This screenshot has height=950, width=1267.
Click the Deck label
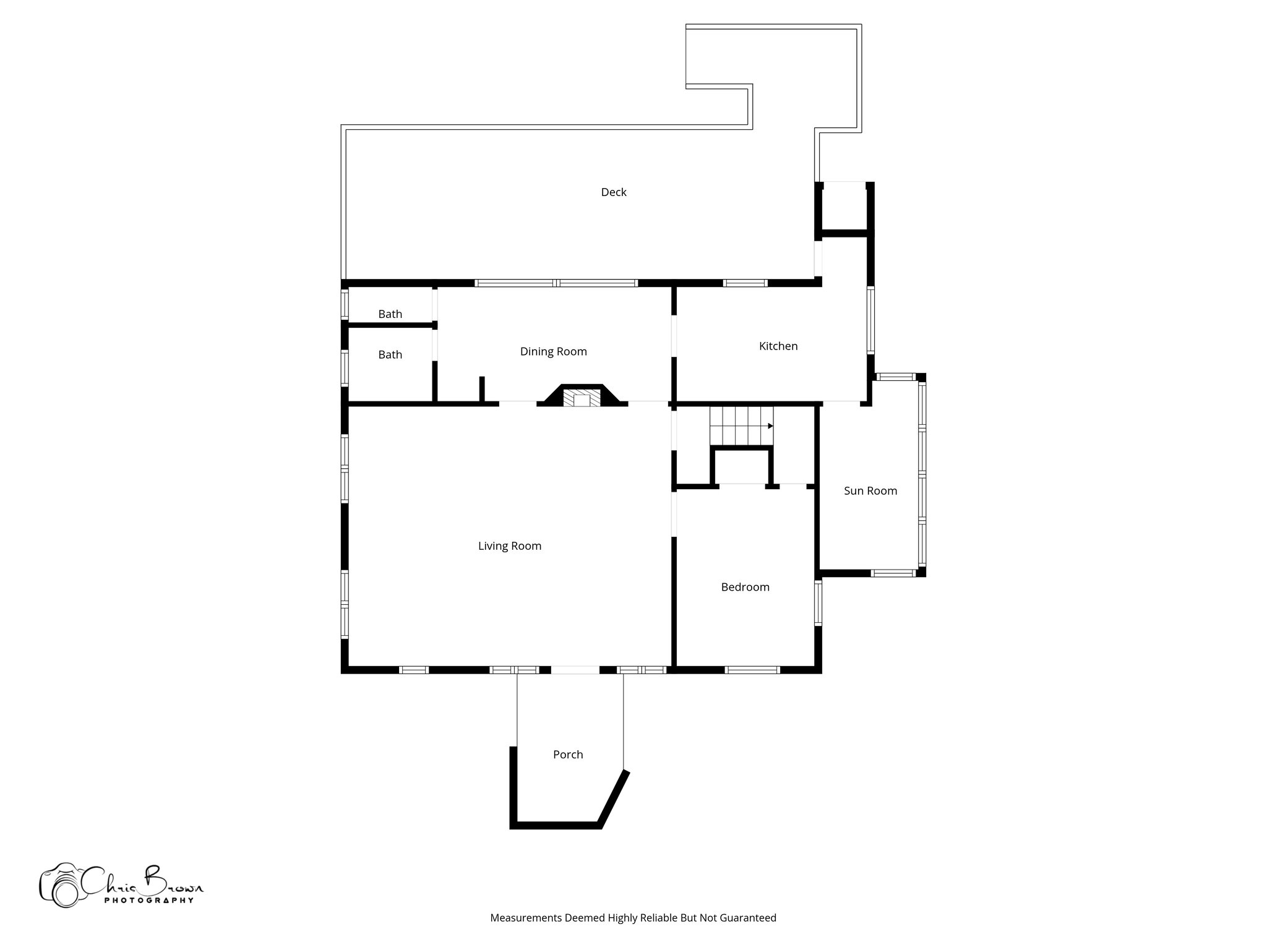click(614, 192)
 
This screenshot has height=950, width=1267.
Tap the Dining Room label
click(553, 352)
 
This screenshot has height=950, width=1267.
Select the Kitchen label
click(778, 346)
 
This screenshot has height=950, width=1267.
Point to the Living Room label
click(509, 546)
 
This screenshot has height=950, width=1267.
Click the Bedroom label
click(745, 588)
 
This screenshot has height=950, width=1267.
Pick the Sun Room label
click(870, 491)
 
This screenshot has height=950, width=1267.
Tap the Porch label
click(568, 755)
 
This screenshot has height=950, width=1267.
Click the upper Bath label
click(390, 314)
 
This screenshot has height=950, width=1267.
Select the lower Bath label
click(390, 355)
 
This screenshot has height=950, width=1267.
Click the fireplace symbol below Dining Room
click(582, 397)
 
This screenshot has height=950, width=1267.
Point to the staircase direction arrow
click(770, 426)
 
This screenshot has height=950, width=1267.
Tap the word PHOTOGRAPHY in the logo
click(149, 901)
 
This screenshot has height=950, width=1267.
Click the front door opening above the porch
click(575, 670)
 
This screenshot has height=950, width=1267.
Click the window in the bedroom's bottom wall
click(752, 670)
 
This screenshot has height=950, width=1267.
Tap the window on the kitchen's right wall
click(870, 320)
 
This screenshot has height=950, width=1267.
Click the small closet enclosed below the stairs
click(742, 468)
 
